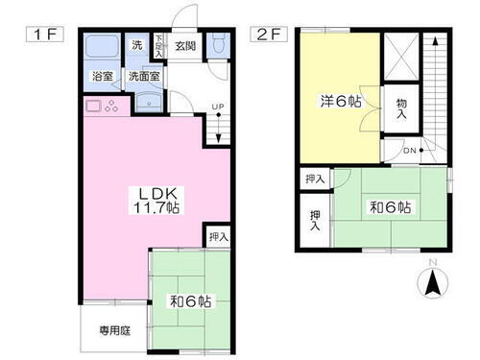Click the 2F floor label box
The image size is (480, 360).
268,37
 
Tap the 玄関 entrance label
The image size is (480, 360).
186,45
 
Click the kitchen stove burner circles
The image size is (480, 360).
108,107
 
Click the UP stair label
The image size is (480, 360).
218,107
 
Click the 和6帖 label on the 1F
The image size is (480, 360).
192,300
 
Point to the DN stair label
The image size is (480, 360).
410,152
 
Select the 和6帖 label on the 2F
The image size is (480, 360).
391,206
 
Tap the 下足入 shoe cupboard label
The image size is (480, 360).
158,46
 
